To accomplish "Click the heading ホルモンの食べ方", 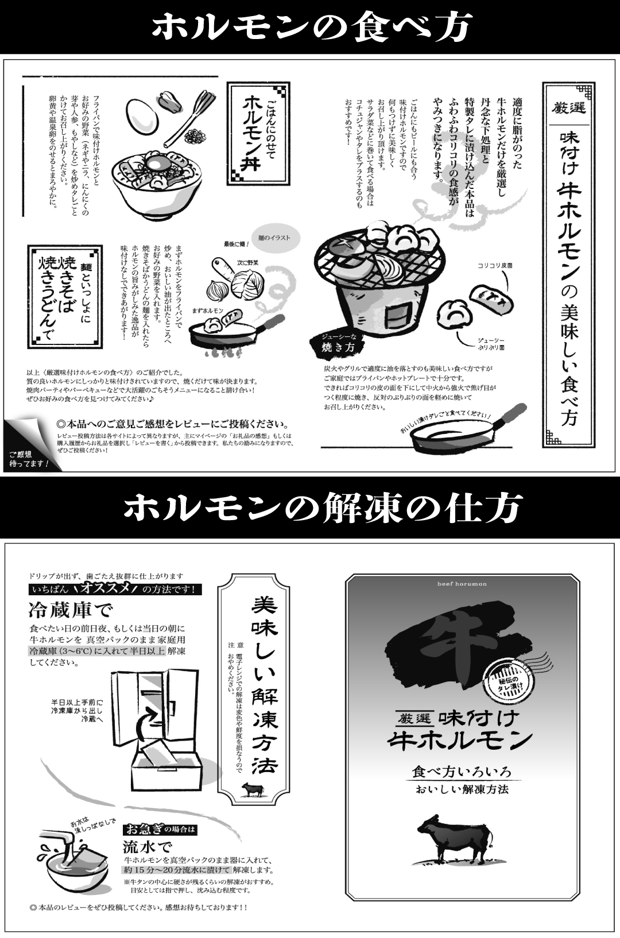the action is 309,27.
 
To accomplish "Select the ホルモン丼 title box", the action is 259,133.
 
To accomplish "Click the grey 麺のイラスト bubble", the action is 274,238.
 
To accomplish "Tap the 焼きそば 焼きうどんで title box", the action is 65,297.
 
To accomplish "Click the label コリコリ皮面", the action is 495,265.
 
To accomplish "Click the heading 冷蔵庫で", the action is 71,610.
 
